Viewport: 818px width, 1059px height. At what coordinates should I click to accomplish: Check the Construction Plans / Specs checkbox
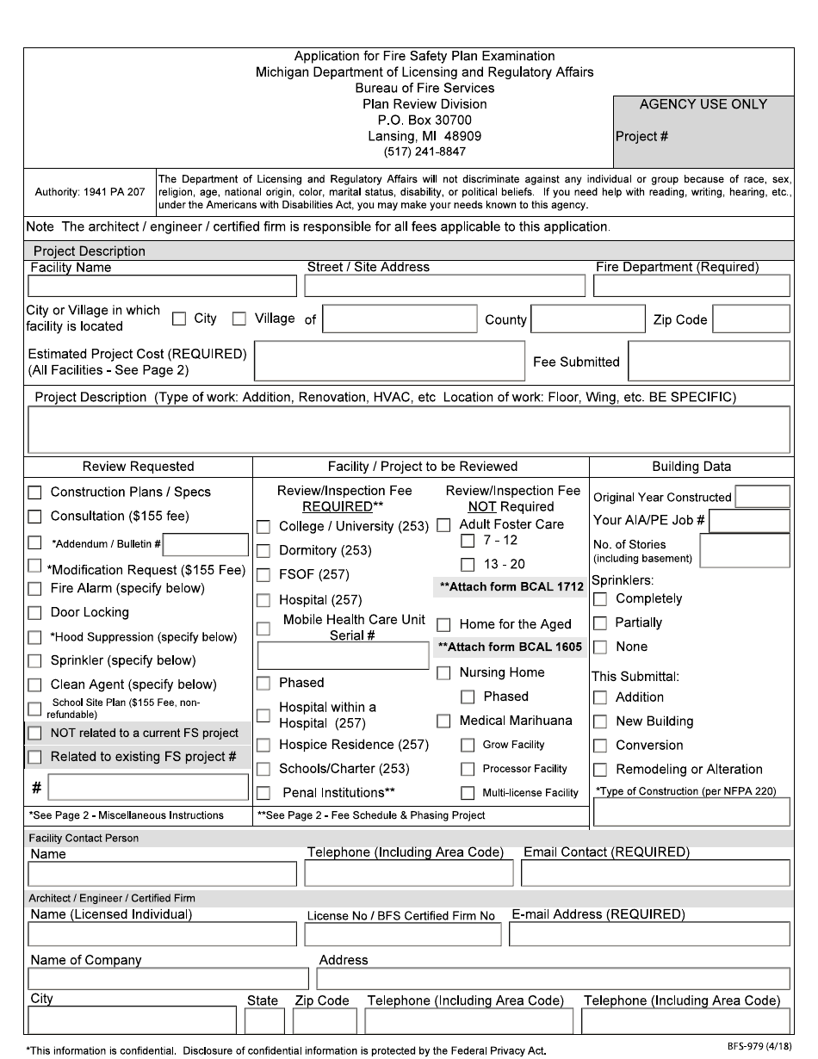pos(35,492)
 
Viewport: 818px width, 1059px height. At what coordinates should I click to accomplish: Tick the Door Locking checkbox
pos(35,613)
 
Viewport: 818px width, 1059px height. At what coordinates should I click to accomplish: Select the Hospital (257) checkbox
pos(263,600)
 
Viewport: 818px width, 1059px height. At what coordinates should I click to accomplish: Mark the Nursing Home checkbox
pos(443,672)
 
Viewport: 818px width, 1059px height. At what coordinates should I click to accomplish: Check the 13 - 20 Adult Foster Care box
pos(468,565)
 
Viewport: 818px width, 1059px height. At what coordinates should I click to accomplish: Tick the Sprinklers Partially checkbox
pos(600,623)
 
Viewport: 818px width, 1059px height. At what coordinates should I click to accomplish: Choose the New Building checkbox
pos(600,721)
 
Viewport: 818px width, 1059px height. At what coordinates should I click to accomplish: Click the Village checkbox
pos(239,319)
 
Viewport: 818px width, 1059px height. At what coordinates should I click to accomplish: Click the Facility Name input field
pos(162,286)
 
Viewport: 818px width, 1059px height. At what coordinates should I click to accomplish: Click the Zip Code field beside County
pos(751,319)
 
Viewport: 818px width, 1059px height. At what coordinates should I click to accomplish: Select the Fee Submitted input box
pos(709,361)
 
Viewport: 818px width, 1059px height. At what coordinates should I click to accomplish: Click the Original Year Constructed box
pos(762,497)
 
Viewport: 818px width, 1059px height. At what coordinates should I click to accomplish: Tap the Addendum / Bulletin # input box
pos(206,544)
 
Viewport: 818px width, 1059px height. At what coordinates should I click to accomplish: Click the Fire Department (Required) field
pos(692,286)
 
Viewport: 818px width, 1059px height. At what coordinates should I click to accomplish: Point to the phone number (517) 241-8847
pos(424,152)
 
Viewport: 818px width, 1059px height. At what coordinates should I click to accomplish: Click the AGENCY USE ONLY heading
pos(703,104)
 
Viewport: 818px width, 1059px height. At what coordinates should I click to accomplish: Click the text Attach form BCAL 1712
pos(511,587)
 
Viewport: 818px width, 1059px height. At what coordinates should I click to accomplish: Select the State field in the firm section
pos(264,1021)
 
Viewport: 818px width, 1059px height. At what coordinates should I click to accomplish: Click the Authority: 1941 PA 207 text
pos(90,193)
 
